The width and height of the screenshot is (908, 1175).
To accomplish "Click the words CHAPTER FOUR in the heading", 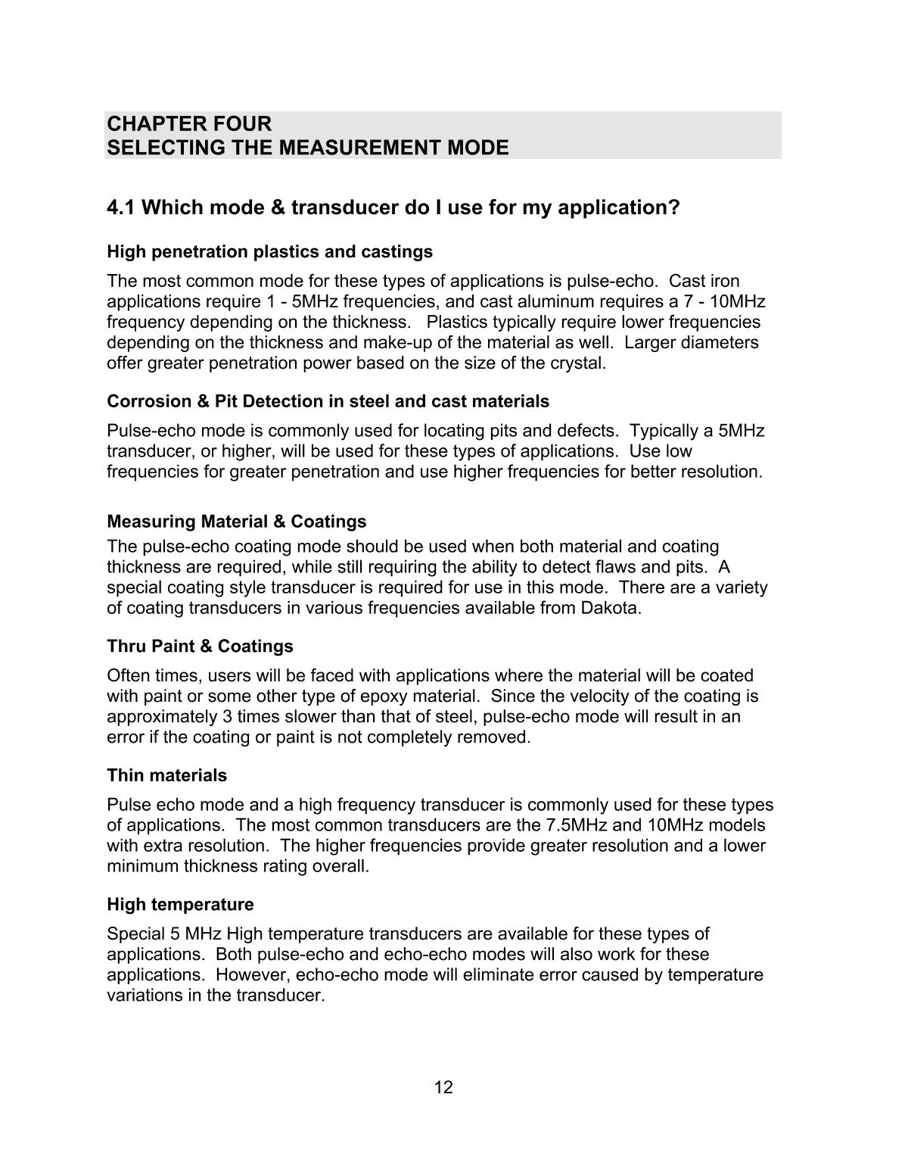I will (x=189, y=123).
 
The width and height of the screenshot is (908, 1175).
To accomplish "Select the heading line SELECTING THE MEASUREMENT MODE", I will (x=308, y=148).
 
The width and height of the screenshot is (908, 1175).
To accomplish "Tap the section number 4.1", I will (x=121, y=207).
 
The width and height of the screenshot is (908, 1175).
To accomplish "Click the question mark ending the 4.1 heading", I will (x=674, y=207).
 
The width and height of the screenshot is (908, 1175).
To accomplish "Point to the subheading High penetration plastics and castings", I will (x=270, y=251).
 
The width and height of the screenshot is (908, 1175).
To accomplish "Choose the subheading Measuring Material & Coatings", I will (x=237, y=522).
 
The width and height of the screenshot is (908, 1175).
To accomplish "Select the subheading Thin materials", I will (x=167, y=775).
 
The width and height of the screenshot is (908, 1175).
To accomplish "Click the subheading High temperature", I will (x=181, y=905).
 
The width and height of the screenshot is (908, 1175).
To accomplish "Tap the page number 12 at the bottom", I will (x=443, y=1088).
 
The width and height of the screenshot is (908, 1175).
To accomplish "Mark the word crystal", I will (x=580, y=363).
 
